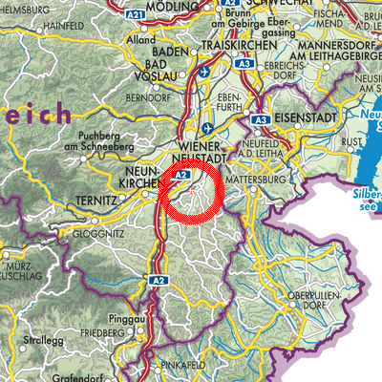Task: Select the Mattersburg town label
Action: pyautogui.click(x=284, y=176)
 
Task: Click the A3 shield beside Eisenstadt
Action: pyautogui.click(x=258, y=121)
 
